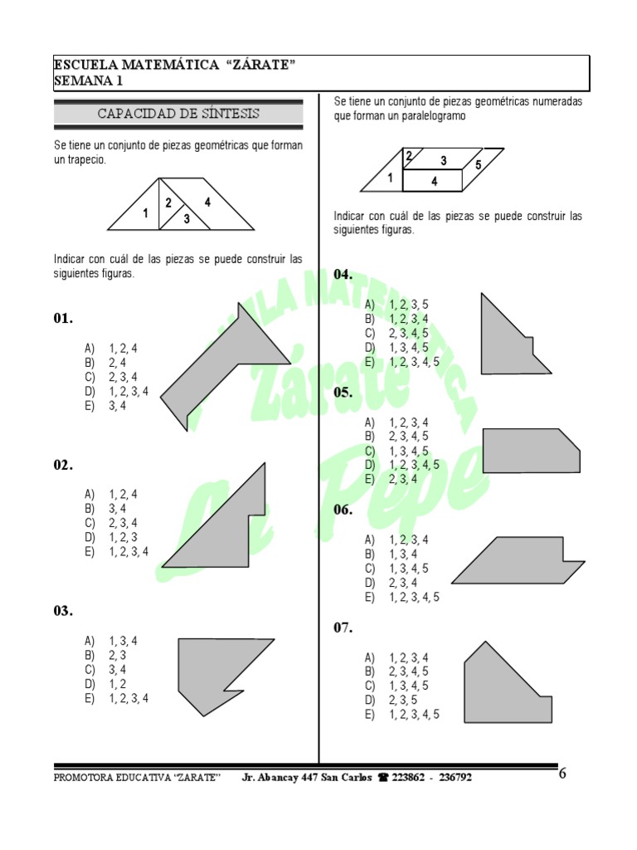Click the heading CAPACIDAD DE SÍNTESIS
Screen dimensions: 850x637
178,113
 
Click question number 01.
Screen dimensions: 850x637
64,319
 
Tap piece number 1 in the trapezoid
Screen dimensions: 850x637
145,214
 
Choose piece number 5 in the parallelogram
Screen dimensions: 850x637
479,165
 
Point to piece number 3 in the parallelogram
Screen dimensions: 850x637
444,159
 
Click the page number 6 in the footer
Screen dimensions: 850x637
563,774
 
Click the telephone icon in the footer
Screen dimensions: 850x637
383,778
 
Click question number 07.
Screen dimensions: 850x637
343,628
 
